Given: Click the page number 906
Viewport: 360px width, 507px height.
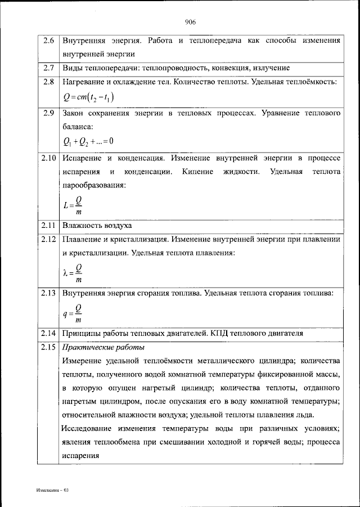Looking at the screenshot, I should coord(190,22).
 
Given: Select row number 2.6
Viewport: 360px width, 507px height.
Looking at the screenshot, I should coord(48,41).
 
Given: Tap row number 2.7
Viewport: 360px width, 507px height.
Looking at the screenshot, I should coord(48,68).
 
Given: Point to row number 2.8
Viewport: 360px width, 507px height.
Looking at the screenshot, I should coord(48,82).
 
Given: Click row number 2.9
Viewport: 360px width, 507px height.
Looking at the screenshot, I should coord(48,113).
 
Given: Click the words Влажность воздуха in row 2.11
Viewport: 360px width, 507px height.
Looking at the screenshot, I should coord(97,226).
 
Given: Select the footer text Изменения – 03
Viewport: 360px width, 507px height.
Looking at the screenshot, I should coord(49,490).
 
